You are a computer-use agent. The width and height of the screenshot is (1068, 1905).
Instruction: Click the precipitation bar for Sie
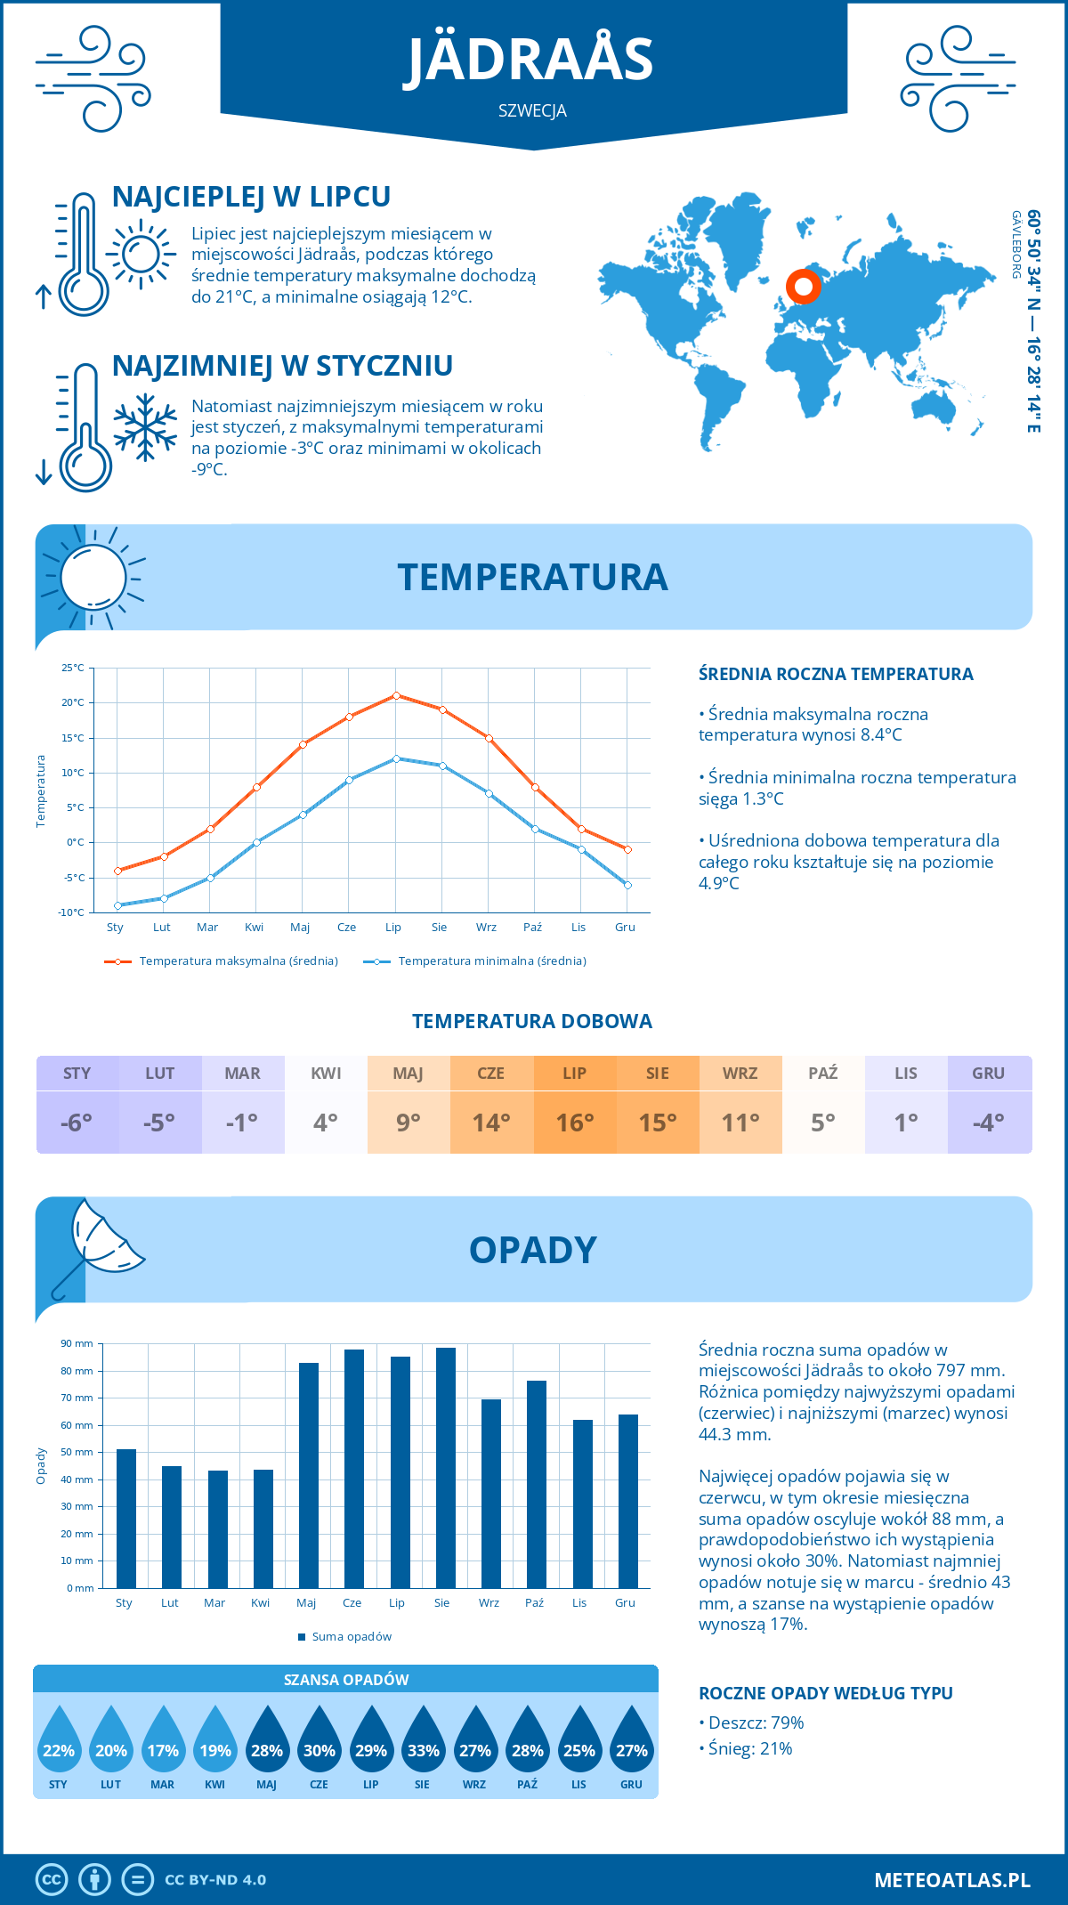(x=446, y=1469)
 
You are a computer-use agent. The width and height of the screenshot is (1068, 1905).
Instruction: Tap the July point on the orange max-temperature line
(x=396, y=695)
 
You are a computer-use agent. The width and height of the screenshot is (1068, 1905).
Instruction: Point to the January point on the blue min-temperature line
(x=117, y=905)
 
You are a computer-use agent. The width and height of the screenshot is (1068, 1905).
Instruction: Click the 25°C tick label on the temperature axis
(x=73, y=668)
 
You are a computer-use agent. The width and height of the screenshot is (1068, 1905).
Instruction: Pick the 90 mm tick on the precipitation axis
(x=77, y=1343)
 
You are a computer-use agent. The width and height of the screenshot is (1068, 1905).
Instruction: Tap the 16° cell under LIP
(x=575, y=1123)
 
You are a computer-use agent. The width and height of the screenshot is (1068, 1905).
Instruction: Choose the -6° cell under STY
(x=77, y=1123)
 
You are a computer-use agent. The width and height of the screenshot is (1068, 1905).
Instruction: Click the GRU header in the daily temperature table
(x=989, y=1074)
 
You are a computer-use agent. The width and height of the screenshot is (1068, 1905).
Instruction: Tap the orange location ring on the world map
(x=804, y=287)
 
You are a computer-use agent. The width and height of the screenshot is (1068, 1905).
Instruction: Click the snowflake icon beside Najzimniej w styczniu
(x=145, y=427)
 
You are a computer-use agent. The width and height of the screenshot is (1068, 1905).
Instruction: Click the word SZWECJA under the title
(x=533, y=111)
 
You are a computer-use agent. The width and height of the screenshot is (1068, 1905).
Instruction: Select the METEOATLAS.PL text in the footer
(x=952, y=1880)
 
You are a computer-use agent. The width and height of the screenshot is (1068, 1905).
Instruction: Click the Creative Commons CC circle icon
(x=52, y=1880)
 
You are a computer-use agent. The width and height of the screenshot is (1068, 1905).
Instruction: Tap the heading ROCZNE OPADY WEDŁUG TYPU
(x=826, y=1693)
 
